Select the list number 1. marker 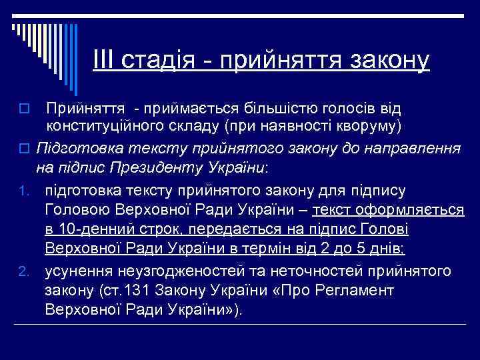pos(23,192)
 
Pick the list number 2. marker pos(23,273)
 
